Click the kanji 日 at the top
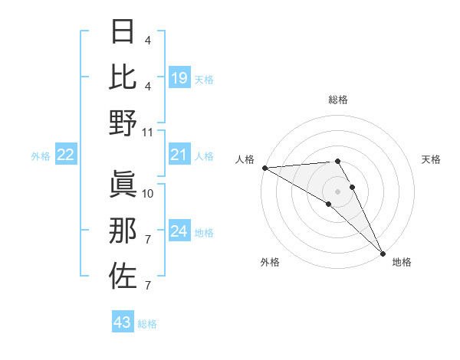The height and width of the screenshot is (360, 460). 123,33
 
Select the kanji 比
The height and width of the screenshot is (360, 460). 123,77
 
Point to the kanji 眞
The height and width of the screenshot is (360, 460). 123,185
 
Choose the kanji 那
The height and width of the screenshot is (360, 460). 123,231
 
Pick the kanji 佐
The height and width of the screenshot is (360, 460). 123,276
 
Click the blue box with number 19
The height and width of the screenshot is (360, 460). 179,77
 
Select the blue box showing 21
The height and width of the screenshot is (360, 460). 179,155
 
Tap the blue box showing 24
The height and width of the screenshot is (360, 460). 179,232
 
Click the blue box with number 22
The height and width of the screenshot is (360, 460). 66,155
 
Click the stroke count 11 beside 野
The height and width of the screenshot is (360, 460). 148,132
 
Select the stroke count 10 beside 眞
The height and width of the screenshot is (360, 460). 148,193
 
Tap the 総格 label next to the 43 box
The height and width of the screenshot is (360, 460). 147,324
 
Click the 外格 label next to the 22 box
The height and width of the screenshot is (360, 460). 41,156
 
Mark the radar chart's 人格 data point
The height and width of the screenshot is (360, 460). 264,168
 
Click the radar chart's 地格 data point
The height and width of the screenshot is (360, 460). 381,252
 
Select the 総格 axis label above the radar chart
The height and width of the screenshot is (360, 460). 338,100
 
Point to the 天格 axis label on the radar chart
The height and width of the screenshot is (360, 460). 431,159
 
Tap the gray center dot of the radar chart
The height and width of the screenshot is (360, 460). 337,191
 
